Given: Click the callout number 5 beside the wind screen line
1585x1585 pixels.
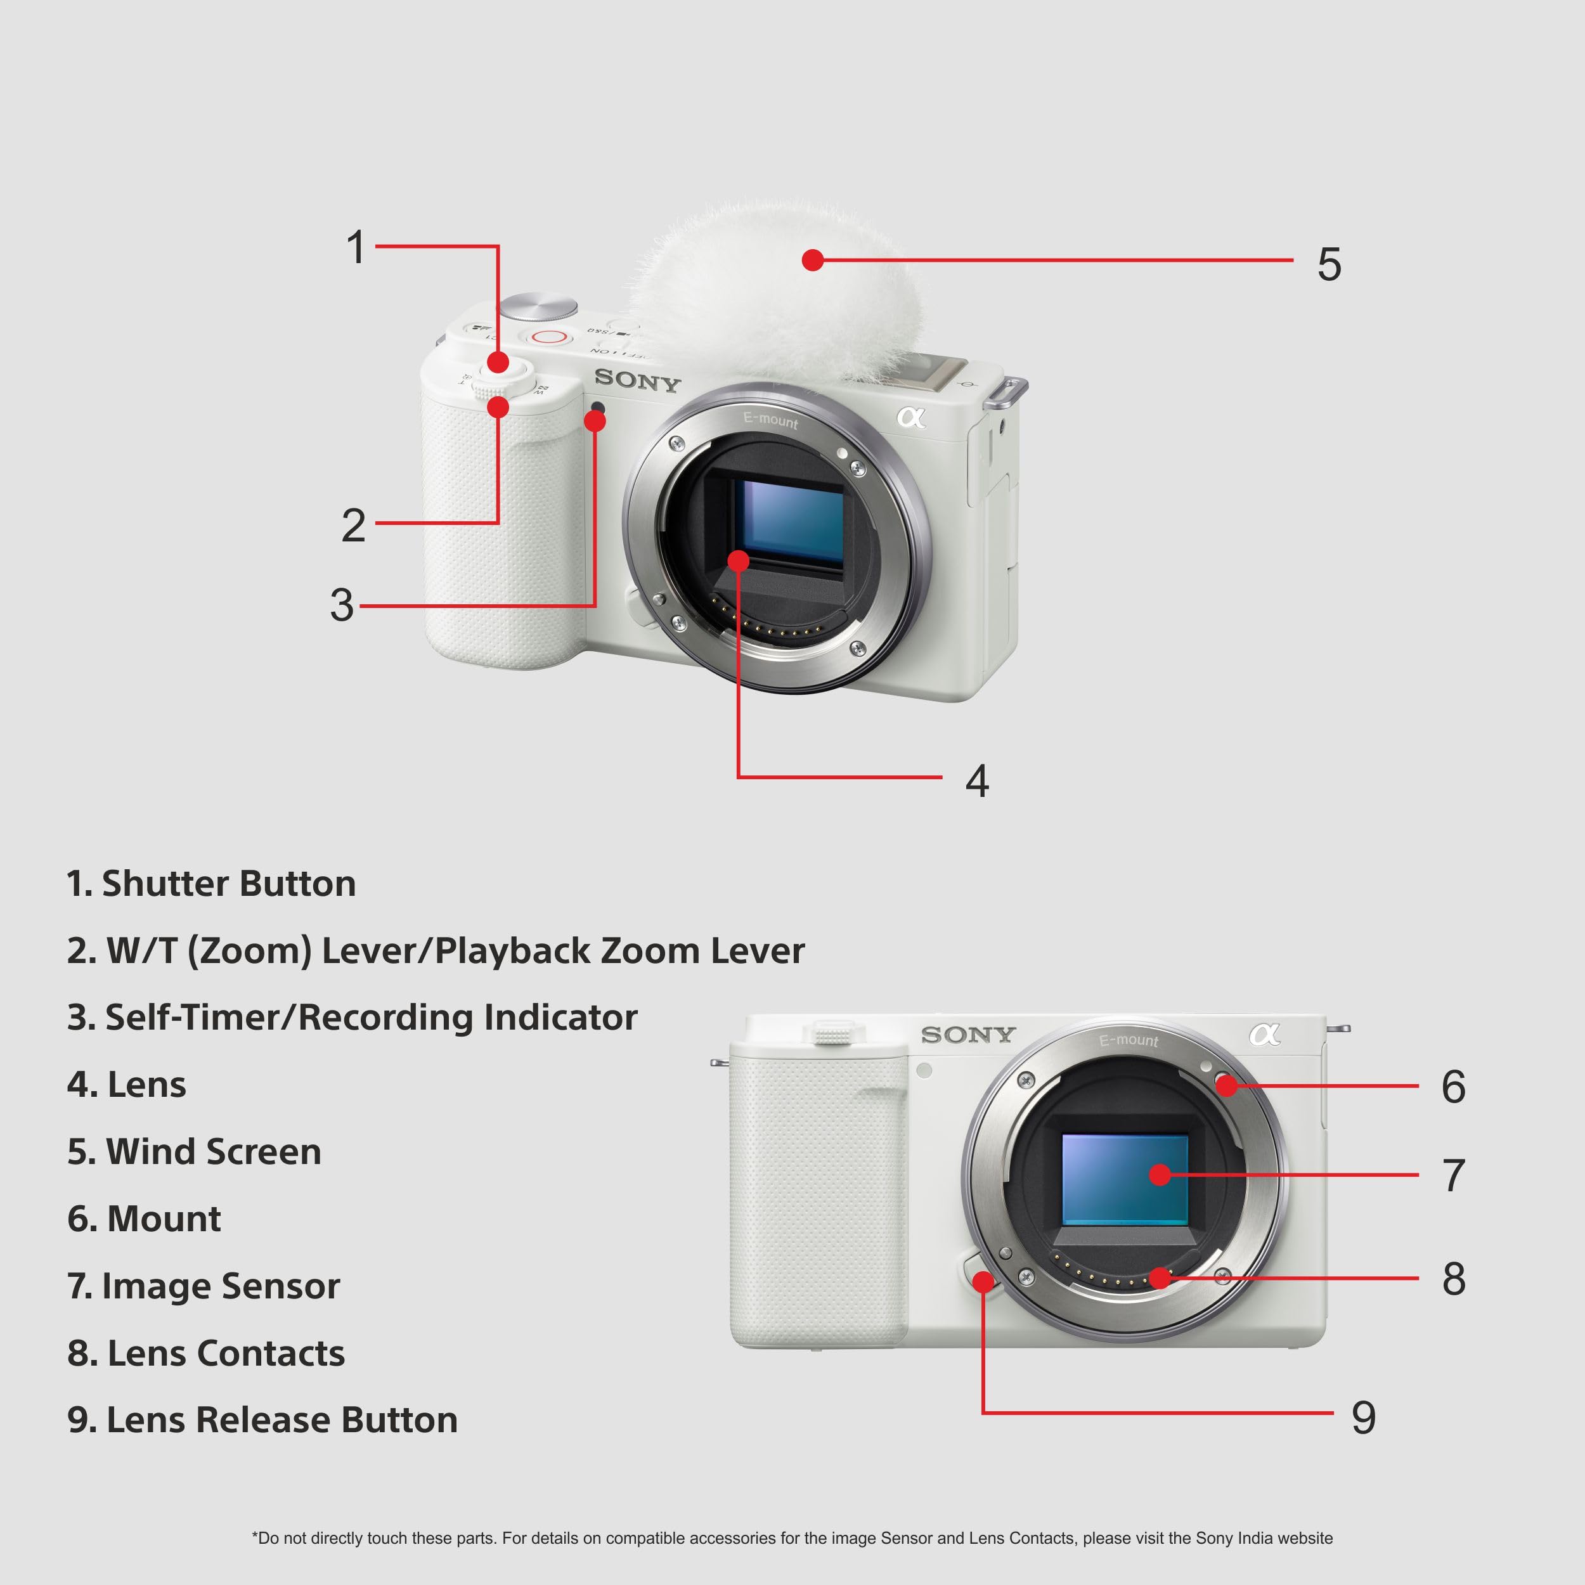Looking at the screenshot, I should (x=1329, y=264).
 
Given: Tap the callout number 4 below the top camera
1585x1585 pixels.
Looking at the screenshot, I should (x=976, y=780).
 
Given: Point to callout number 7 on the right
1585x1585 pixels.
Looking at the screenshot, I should (x=1453, y=1175).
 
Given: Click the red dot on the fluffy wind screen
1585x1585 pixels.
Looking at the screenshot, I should (x=812, y=260).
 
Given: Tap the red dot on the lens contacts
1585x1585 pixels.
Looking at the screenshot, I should (x=1159, y=1278).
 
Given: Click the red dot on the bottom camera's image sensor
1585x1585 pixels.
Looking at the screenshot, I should (x=1159, y=1175).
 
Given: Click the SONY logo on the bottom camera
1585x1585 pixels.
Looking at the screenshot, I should (x=968, y=1035).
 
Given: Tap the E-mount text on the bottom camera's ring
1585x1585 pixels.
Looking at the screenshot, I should (x=1129, y=1040).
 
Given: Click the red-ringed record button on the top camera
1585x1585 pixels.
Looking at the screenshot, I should (x=548, y=337).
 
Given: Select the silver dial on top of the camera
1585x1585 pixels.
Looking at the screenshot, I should (x=538, y=306).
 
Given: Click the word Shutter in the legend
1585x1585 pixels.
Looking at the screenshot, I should (x=164, y=884).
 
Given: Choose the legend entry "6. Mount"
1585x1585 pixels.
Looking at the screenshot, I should (x=145, y=1219).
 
